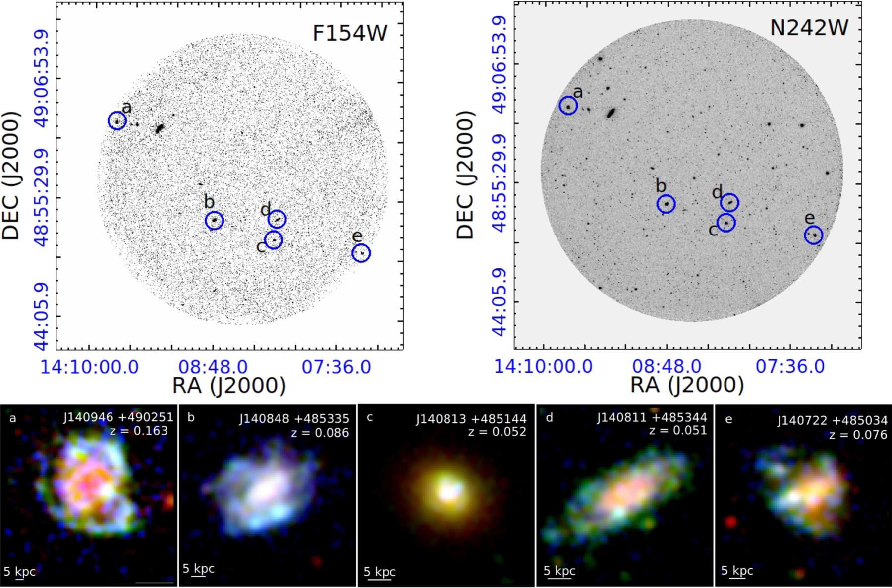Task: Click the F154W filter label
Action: click(x=350, y=33)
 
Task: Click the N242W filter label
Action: click(x=809, y=28)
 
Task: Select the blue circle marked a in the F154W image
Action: click(x=117, y=121)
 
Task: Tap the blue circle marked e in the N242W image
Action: click(x=814, y=235)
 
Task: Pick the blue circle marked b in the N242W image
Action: click(x=666, y=204)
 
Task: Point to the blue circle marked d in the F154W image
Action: click(x=277, y=219)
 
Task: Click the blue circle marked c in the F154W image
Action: click(x=274, y=240)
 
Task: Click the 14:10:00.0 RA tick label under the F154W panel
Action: click(x=89, y=367)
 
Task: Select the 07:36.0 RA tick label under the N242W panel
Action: click(x=790, y=367)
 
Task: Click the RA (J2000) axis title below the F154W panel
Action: click(x=229, y=386)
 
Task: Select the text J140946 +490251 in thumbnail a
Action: click(x=118, y=417)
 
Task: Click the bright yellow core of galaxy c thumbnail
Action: click(x=449, y=491)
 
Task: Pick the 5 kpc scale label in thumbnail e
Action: click(x=737, y=571)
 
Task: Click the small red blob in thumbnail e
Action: click(x=730, y=522)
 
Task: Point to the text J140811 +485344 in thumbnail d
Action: click(x=652, y=417)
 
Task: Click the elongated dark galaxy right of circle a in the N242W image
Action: click(x=611, y=113)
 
